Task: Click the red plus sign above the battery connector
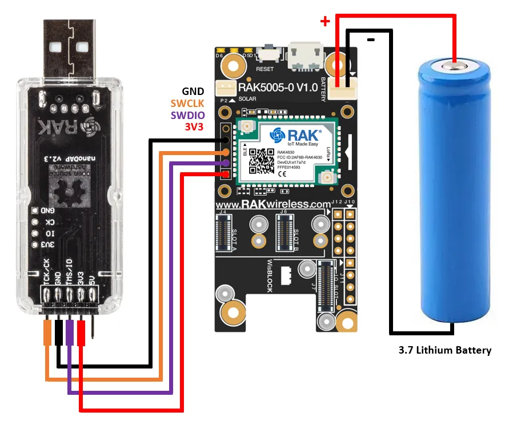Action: (x=325, y=22)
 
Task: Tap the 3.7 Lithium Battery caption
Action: (x=444, y=350)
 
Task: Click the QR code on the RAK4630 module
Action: (x=260, y=161)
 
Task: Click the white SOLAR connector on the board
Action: (x=224, y=88)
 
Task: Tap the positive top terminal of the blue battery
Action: (x=454, y=66)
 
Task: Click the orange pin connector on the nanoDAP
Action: (x=47, y=332)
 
